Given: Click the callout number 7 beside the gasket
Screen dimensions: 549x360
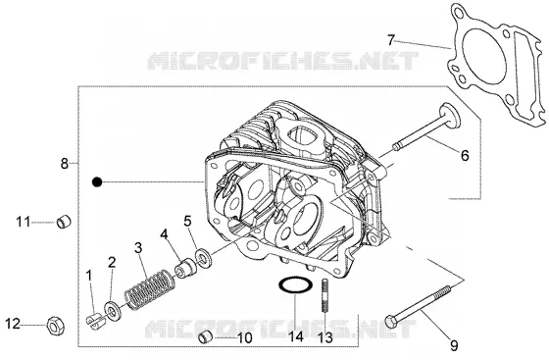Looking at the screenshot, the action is tap(391, 40).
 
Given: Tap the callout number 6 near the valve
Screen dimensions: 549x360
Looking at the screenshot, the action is tap(465, 155).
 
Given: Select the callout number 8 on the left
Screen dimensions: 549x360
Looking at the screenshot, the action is tap(65, 163).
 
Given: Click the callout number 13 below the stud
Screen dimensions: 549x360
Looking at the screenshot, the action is tap(325, 338).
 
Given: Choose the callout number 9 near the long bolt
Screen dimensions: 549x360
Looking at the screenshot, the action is tap(454, 346).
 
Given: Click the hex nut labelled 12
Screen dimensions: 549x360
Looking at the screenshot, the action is tap(55, 325).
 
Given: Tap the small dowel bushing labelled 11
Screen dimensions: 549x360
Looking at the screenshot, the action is tap(64, 222).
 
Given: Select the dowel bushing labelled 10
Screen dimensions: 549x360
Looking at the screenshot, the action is tap(206, 337).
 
